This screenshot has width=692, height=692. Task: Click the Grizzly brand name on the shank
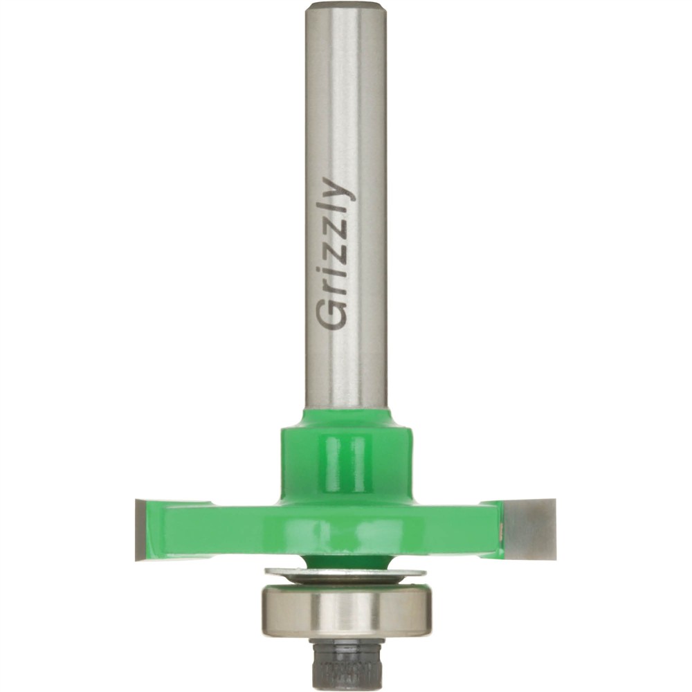(336, 254)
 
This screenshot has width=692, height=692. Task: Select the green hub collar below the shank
(346, 460)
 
